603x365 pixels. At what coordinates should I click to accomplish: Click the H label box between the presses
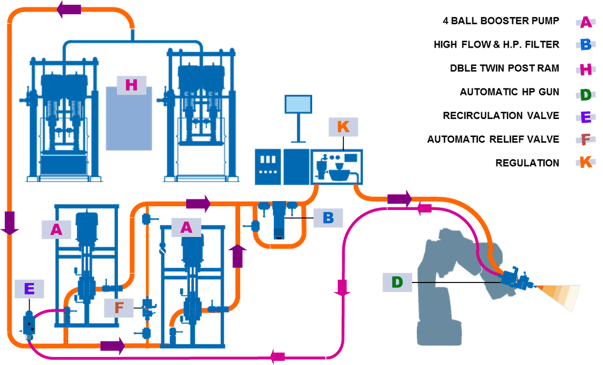point(131,85)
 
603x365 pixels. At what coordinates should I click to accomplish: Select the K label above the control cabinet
point(343,127)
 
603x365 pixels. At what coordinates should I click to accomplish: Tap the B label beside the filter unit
point(328,218)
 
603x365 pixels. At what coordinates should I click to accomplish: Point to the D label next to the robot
point(397,282)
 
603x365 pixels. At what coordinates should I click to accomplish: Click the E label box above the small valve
point(29,289)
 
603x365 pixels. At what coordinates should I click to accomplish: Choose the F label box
point(118,307)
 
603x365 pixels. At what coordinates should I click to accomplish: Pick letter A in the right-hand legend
point(586,22)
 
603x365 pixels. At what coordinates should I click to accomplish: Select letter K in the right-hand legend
point(586,162)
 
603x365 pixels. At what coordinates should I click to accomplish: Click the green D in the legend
point(586,95)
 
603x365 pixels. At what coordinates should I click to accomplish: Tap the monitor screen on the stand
point(299,104)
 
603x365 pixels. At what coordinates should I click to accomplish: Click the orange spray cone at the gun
point(558,295)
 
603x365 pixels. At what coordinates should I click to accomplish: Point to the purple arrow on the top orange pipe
point(69,9)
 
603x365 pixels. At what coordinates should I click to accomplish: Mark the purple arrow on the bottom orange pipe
point(112,346)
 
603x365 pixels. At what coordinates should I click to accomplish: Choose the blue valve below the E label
point(29,323)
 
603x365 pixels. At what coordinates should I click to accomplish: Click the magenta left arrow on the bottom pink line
point(278,357)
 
